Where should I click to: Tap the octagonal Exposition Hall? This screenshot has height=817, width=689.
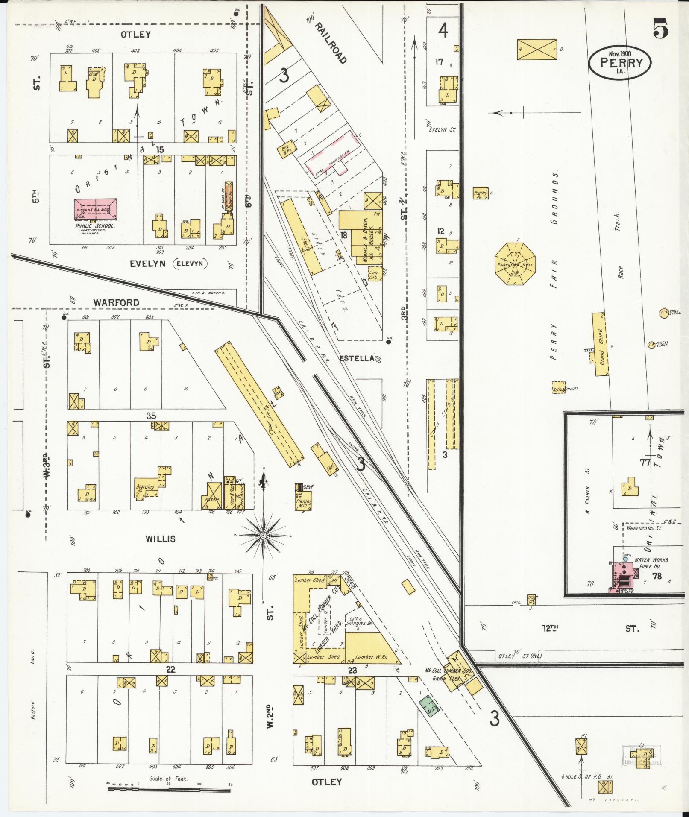(514, 264)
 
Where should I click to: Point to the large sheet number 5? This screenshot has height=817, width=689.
(660, 30)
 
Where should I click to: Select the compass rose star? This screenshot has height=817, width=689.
(264, 535)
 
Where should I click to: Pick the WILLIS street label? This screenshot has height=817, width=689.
(160, 539)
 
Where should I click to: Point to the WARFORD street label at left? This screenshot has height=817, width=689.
(116, 302)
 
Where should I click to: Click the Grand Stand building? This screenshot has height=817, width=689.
(601, 344)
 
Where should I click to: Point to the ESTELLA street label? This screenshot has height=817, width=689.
(357, 358)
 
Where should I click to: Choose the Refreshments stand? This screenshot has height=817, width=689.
(559, 387)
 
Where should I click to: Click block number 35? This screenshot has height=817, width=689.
(151, 416)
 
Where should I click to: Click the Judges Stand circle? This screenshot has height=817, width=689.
(651, 344)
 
